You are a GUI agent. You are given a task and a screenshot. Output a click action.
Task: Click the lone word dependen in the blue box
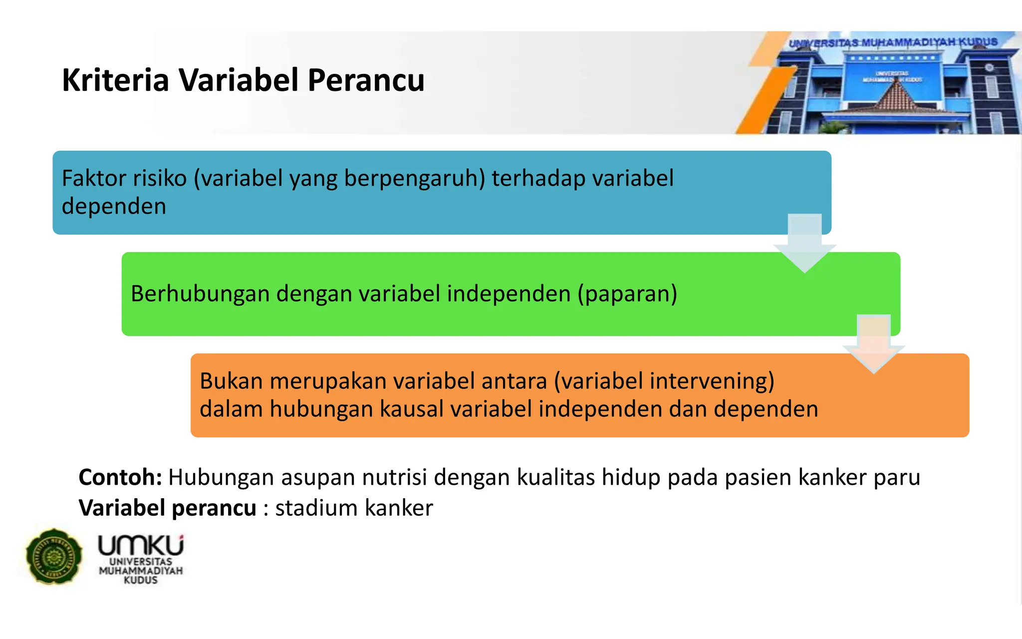(114, 206)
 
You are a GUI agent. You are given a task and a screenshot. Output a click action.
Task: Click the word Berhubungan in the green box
(200, 294)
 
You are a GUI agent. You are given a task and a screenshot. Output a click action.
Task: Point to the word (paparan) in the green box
(627, 294)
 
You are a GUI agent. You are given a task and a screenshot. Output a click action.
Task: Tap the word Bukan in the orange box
(231, 381)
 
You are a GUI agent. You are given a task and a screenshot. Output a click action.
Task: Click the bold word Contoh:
(120, 477)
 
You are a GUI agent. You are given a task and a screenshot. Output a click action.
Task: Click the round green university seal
(54, 556)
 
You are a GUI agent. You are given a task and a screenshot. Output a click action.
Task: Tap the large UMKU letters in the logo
(140, 546)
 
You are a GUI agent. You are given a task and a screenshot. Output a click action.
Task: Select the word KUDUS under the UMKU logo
(140, 580)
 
